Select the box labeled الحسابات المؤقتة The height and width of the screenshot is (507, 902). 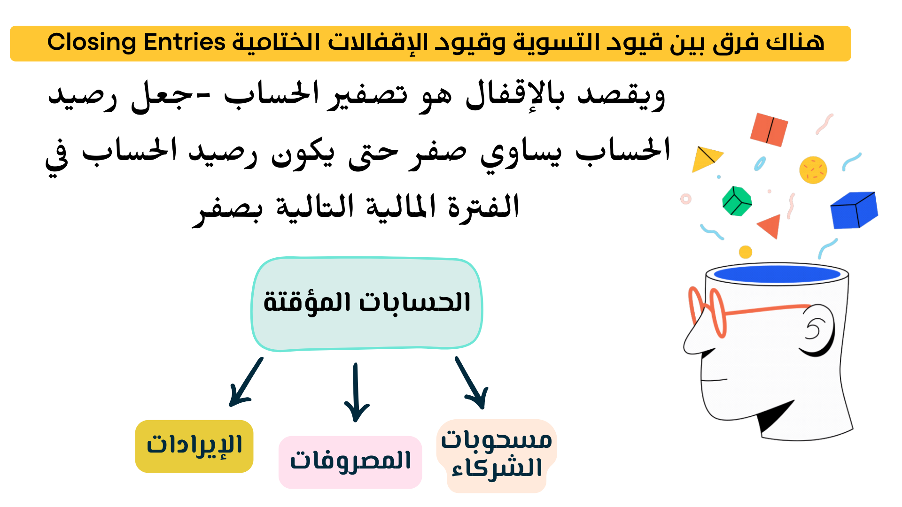(x=367, y=304)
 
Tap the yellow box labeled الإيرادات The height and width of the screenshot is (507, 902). (x=194, y=446)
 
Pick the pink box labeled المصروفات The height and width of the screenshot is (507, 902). (x=350, y=462)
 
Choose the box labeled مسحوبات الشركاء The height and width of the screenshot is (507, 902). (x=497, y=456)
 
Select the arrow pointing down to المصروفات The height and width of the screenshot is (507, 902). (x=357, y=392)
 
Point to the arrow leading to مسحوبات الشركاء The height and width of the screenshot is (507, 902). (x=472, y=383)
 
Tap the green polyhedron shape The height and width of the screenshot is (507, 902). (x=737, y=201)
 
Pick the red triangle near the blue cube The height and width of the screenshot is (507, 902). (x=771, y=226)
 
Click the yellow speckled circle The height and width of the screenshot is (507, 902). (x=813, y=169)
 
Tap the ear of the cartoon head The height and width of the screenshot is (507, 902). (x=818, y=330)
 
